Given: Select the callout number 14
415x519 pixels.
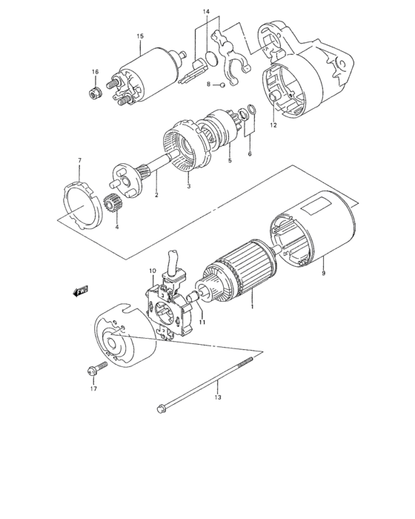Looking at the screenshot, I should (x=207, y=13).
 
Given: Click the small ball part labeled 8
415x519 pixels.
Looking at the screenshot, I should (x=221, y=85).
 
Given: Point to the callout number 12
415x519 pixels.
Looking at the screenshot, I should (x=273, y=125).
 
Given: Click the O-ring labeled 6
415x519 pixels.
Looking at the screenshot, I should (x=251, y=113).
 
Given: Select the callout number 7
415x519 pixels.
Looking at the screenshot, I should (x=80, y=160).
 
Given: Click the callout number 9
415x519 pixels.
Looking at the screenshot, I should (x=323, y=273).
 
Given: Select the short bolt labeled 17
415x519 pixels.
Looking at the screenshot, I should (x=92, y=368).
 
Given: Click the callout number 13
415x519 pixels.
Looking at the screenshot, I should (x=218, y=398).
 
